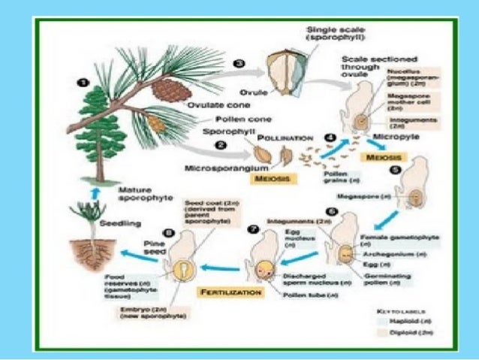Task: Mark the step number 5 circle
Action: point(393,170)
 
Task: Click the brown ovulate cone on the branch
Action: point(167,89)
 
